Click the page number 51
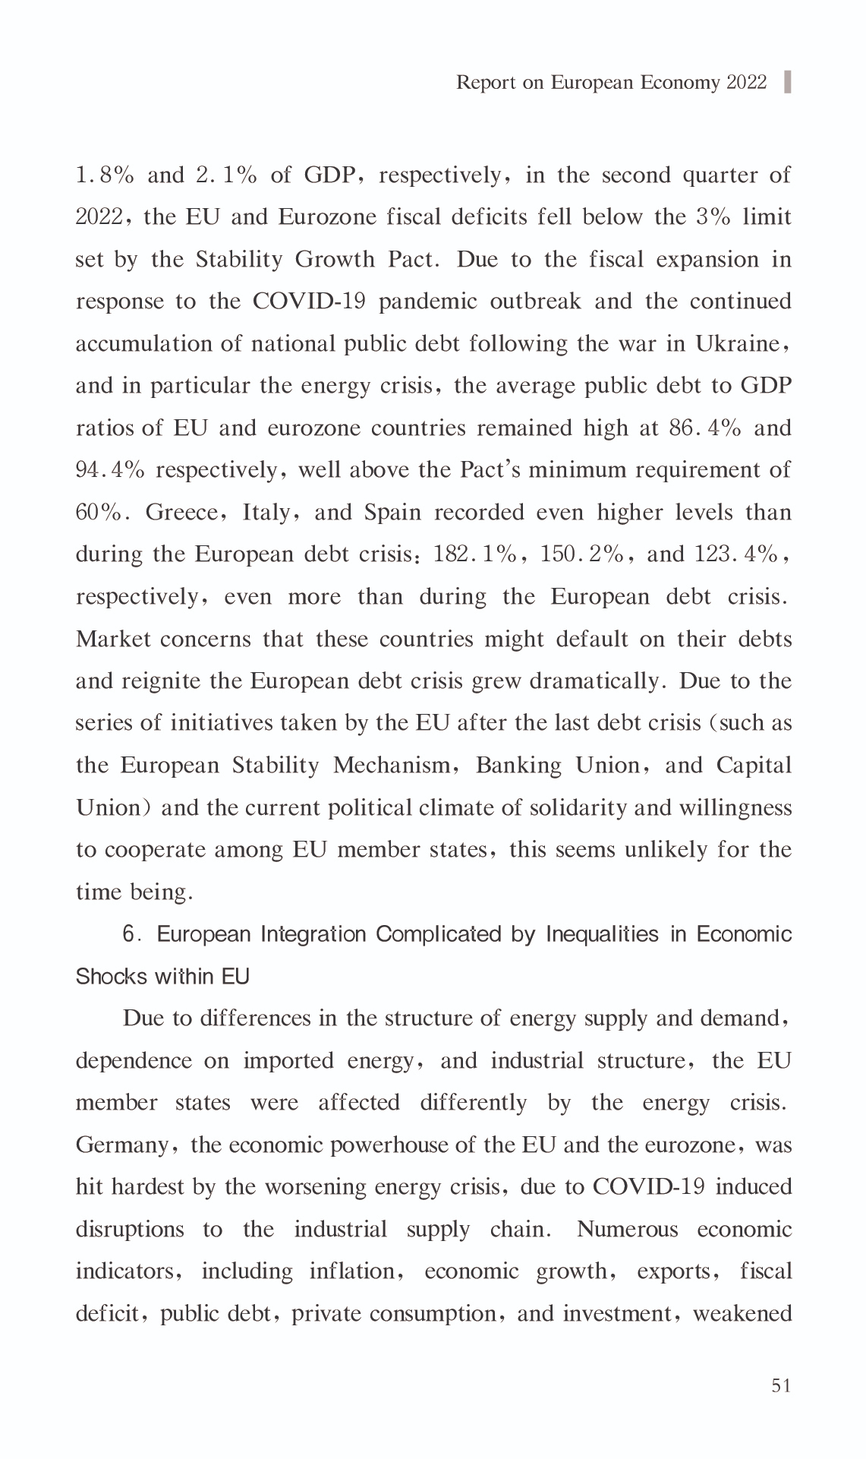pos(781,1385)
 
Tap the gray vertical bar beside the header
pos(787,81)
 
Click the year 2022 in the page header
pos(747,82)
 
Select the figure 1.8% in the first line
pos(105,175)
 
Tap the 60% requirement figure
pos(99,513)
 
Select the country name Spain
pos(392,513)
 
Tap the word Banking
pos(518,765)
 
